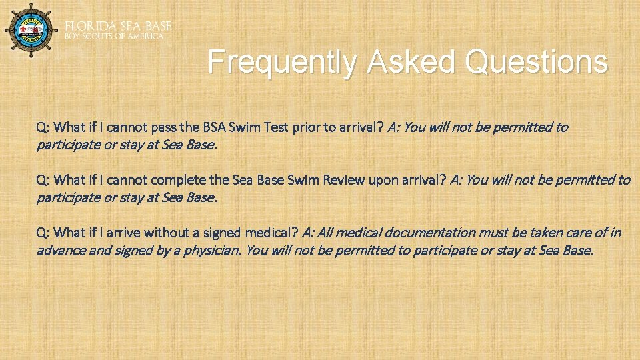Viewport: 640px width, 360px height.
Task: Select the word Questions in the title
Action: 537,63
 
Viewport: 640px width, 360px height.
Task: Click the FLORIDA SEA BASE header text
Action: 118,25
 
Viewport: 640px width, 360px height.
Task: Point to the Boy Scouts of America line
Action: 114,36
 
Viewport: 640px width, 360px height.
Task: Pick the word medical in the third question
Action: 263,233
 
